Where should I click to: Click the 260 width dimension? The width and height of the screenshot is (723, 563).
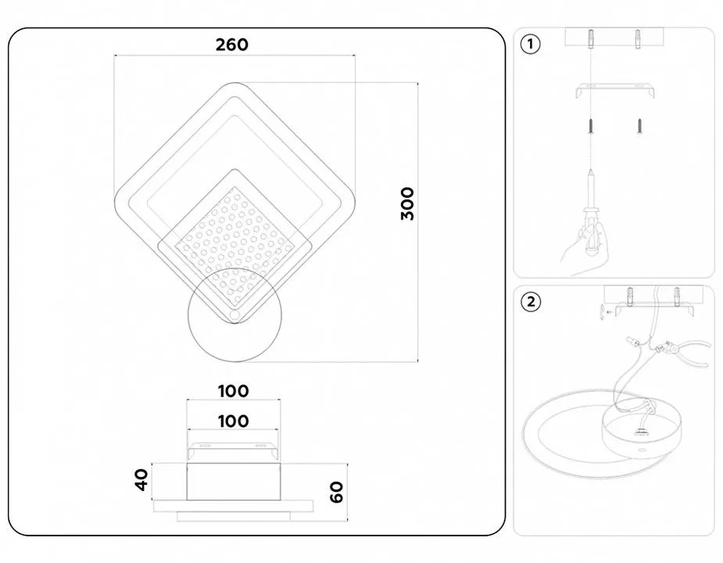[232, 45]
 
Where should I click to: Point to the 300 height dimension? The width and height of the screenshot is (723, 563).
[407, 203]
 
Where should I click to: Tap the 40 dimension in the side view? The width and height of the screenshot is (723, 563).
[141, 480]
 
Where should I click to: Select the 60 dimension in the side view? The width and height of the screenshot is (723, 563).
[337, 492]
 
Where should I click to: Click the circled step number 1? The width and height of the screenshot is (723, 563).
[530, 45]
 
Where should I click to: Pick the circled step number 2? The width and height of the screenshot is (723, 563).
[531, 302]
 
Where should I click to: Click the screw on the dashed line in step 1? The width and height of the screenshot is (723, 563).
[591, 126]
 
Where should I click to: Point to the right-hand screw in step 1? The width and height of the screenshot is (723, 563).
[639, 126]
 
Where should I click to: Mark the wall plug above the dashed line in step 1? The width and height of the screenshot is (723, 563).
[591, 40]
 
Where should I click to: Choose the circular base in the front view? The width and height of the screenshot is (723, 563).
[234, 314]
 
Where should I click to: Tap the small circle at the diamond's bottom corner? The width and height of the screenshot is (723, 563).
[234, 315]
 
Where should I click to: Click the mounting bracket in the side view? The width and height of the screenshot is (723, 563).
[233, 450]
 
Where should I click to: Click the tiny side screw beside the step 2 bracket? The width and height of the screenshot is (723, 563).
[605, 312]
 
